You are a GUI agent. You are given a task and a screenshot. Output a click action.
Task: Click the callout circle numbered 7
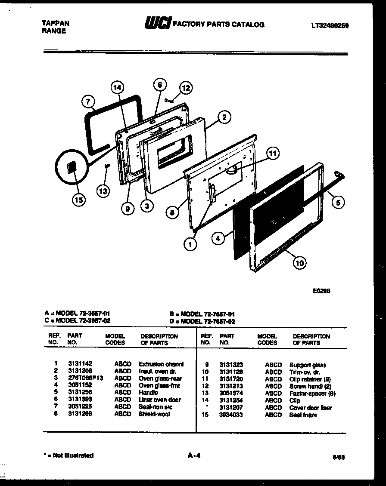[88, 102]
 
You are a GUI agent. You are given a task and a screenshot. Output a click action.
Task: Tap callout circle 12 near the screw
[185, 88]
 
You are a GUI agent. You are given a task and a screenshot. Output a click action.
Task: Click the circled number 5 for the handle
[339, 202]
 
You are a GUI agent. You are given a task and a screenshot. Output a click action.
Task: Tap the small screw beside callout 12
[169, 100]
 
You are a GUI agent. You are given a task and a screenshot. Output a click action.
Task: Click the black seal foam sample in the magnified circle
[72, 168]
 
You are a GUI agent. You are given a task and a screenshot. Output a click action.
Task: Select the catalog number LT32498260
[330, 25]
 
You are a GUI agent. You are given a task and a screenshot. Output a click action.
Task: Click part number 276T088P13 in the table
[85, 378]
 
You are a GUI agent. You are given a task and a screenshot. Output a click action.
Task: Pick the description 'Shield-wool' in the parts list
[154, 414]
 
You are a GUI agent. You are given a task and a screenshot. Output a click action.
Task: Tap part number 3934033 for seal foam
[231, 415]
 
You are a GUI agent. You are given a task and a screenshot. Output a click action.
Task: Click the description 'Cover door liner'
[311, 408]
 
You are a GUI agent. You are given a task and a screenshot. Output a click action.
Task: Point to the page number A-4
[194, 455]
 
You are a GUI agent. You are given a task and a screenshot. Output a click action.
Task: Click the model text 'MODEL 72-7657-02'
[208, 321]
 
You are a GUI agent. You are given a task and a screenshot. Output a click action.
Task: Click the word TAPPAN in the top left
[55, 23]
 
